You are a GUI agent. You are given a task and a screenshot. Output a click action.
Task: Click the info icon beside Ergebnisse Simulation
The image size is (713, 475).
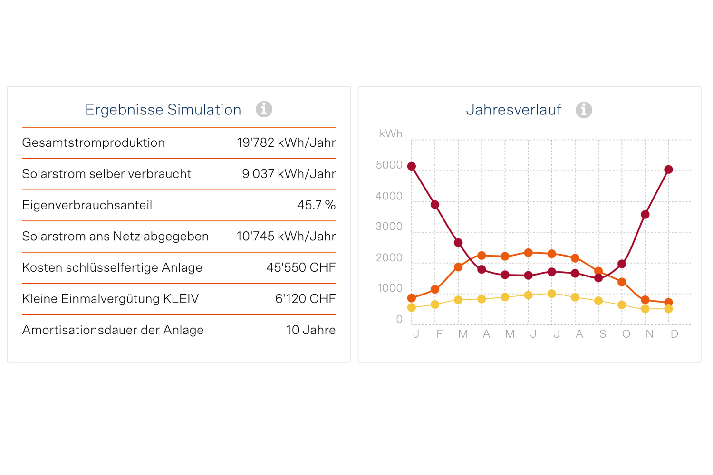coord(264,109)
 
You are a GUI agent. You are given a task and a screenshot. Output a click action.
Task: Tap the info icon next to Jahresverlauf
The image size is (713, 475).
coord(584,110)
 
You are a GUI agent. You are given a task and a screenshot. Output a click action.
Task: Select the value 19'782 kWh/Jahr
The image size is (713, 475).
coord(286,142)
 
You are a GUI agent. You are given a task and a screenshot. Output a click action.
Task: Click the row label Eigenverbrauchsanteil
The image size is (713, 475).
coord(87,205)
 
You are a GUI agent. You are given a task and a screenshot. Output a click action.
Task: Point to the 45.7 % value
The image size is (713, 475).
coord(316,205)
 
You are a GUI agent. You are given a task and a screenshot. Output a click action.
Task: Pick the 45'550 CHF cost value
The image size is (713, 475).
coord(301,267)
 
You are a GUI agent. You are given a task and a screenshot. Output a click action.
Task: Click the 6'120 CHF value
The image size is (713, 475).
coord(305,299)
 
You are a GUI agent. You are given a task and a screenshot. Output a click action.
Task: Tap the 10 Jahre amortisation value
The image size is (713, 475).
coord(311,330)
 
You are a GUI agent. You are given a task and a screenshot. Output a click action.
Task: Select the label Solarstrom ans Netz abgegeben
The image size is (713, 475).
coord(116,237)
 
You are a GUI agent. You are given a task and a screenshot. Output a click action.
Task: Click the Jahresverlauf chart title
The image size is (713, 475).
coord(513,110)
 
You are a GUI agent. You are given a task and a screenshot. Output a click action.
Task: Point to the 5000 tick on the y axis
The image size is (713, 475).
coord(389,165)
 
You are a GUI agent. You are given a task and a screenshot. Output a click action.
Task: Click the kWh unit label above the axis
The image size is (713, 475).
coord(391,134)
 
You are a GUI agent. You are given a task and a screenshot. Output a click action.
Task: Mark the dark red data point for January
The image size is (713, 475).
coord(412,166)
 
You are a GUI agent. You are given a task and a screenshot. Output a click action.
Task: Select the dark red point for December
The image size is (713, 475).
coord(668,170)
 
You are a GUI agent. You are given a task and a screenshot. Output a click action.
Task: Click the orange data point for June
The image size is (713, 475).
coord(528,253)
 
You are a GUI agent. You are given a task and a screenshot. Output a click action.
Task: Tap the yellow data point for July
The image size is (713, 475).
coord(551,294)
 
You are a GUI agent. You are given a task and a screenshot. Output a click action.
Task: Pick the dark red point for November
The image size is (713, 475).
coord(645,215)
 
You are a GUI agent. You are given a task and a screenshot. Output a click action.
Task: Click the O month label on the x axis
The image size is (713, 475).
coord(626,334)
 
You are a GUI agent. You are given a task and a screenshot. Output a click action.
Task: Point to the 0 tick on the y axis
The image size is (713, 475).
coord(399,319)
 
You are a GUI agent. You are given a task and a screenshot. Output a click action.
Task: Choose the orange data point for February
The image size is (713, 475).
coord(435,289)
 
